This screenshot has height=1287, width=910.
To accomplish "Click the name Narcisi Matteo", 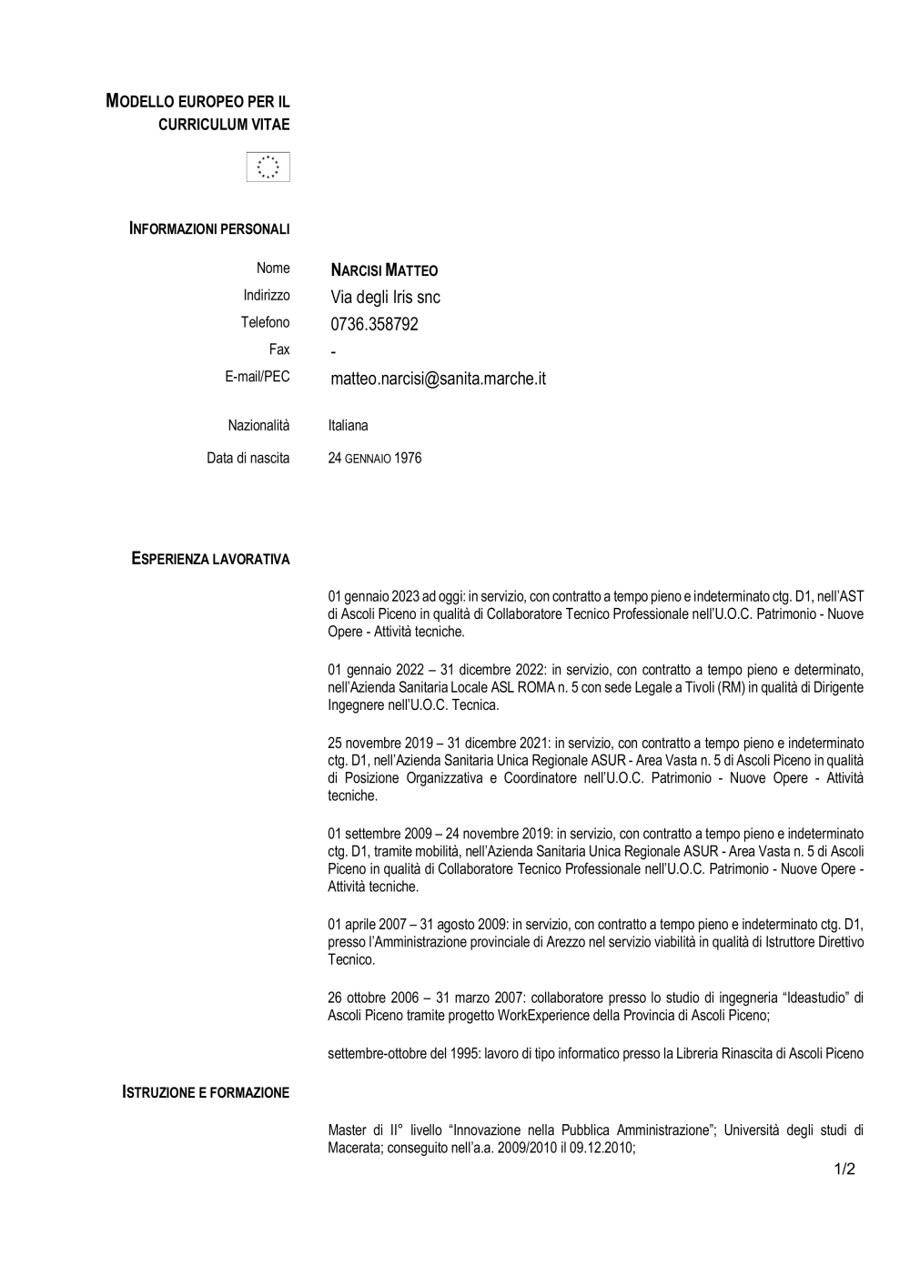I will [x=384, y=270].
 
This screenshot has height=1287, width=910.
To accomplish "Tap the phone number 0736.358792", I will [x=374, y=324].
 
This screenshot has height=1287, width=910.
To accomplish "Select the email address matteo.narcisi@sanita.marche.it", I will [x=438, y=379].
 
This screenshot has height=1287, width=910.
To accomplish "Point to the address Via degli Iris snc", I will [x=385, y=298].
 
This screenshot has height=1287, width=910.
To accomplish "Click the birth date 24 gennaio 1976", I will [x=374, y=459].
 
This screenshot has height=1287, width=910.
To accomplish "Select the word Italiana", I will [x=348, y=425].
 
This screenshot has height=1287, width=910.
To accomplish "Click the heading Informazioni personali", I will [x=209, y=228].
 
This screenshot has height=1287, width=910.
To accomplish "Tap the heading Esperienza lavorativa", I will [x=210, y=559].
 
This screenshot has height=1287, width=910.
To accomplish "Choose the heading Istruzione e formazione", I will [x=206, y=1092].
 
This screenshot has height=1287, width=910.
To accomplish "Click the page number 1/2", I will [x=844, y=1170].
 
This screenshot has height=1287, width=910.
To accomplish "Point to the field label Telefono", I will [x=265, y=322].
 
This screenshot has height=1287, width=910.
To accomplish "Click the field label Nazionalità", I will [x=258, y=425].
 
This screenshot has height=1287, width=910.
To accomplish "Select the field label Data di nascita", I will [x=248, y=458].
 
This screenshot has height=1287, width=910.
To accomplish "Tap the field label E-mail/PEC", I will [x=258, y=376].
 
